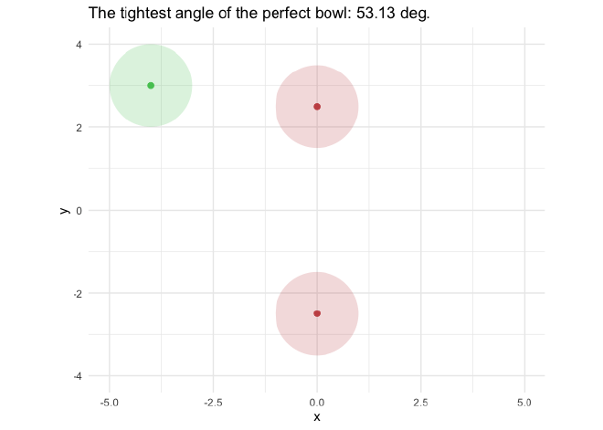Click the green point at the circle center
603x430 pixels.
point(151,86)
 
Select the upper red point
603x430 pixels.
point(317,107)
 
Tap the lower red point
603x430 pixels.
point(317,313)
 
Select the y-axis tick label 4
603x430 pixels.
point(79,45)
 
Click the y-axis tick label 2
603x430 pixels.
point(79,128)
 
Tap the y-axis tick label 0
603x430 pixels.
point(79,211)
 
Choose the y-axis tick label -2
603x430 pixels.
point(77,294)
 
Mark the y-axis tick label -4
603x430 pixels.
point(77,376)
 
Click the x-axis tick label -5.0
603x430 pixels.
point(110,402)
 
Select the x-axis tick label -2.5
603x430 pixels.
point(213,402)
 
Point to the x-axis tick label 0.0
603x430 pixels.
point(317,402)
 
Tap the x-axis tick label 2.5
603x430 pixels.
point(420,402)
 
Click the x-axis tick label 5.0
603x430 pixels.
point(524,402)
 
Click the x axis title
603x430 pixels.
point(317,417)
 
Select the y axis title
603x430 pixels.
point(64,210)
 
